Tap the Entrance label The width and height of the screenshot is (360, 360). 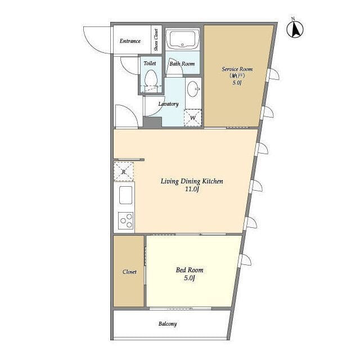click(x=130, y=41)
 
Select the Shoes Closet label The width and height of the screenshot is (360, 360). click(x=156, y=40)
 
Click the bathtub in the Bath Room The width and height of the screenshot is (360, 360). click(x=182, y=39)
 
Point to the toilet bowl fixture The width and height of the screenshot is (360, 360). click(x=151, y=79)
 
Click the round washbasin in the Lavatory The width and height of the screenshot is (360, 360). click(x=193, y=89)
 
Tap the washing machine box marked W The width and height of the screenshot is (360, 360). click(x=193, y=118)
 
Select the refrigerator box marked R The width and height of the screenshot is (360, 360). click(x=124, y=172)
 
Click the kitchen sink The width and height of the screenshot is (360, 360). click(x=125, y=195)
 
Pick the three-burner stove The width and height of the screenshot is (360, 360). click(x=126, y=220)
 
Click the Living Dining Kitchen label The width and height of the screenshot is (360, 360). click(x=192, y=181)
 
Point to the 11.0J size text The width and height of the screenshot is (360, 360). click(x=192, y=190)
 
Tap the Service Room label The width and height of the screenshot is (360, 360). click(x=237, y=69)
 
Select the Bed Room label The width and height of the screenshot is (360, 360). click(x=190, y=270)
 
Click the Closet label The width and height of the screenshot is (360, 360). click(x=129, y=272)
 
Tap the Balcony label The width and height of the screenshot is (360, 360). click(x=168, y=324)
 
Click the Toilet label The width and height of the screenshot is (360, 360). click(x=150, y=63)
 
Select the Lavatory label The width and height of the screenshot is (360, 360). click(x=169, y=104)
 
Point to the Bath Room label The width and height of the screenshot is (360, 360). click(x=182, y=64)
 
